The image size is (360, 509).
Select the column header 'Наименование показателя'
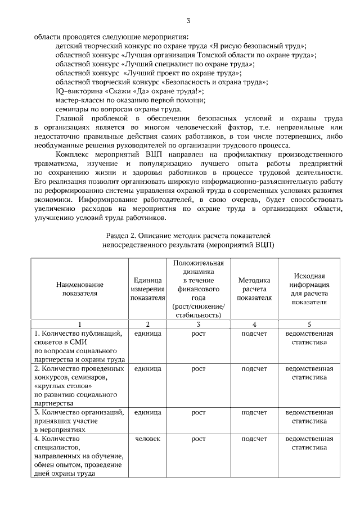pos(80,289)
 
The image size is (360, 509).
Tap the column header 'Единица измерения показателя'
pos(147,289)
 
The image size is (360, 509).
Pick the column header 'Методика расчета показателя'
pos(254,289)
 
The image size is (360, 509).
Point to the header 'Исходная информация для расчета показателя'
pos(309,289)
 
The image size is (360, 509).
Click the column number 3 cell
pos(199,324)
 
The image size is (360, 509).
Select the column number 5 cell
pos(309,324)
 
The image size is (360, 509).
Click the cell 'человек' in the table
pos(148,438)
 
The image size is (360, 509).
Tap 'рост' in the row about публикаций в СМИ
pos(199,334)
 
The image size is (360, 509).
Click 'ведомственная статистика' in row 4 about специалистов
pos(309,442)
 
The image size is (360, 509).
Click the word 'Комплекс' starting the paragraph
pos(71,154)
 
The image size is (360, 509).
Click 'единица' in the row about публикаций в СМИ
pos(148,334)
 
